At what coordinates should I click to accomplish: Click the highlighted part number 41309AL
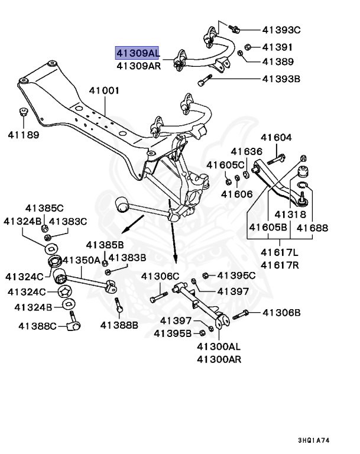137,53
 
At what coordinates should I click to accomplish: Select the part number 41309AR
137,66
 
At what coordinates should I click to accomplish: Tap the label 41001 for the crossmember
104,91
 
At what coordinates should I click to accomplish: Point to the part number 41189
24,135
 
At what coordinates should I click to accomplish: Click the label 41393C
281,30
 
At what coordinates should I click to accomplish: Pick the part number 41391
277,47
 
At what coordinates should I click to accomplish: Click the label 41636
246,151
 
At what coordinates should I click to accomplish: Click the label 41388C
37,325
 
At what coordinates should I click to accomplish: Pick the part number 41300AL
219,346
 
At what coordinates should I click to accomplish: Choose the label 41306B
281,313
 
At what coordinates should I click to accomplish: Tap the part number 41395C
236,275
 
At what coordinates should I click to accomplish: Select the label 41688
312,228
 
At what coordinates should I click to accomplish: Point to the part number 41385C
44,208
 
